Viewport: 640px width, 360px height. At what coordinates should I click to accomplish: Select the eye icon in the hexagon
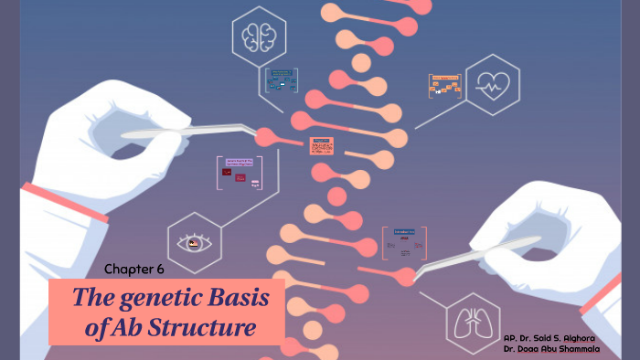point(192,243)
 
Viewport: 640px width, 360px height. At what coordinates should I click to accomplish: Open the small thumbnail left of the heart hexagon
point(444,86)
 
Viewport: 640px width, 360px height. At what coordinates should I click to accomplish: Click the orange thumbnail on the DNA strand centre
point(321,145)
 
